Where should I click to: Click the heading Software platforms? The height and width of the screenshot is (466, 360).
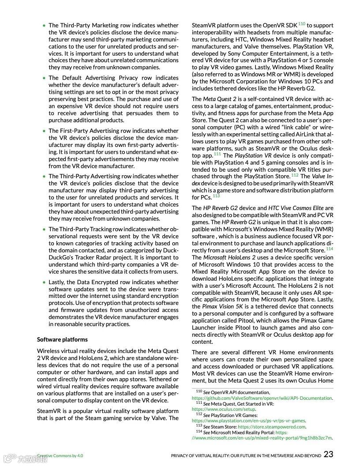(62, 339)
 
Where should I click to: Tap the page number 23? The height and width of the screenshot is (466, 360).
(328, 454)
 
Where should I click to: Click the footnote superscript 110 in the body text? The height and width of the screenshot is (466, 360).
(302, 23)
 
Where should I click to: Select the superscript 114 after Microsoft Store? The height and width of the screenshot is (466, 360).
(330, 249)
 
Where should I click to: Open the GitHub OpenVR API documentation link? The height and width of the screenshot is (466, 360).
(262, 398)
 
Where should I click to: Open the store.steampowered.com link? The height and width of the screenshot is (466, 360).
(271, 427)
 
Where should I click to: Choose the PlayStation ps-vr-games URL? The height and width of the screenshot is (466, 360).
(248, 421)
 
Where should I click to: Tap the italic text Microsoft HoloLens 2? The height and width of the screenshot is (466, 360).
(229, 257)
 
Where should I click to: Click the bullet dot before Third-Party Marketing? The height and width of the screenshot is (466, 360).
(44, 26)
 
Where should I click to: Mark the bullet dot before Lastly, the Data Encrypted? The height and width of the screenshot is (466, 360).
(44, 282)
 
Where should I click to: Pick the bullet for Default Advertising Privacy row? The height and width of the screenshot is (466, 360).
(44, 78)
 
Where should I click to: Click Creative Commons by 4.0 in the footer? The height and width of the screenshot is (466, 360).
(60, 455)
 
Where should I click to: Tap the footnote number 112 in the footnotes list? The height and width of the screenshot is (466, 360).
(199, 415)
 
